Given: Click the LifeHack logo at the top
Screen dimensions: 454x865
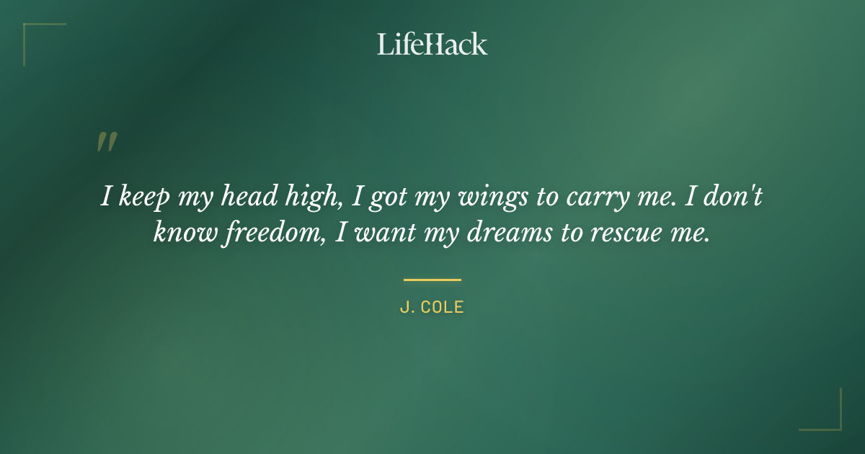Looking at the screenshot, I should tap(432, 44).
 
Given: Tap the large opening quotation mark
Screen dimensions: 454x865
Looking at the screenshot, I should tap(107, 142).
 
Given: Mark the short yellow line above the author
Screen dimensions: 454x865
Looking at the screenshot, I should tap(432, 280).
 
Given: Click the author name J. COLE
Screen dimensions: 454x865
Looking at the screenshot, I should tap(432, 307).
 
